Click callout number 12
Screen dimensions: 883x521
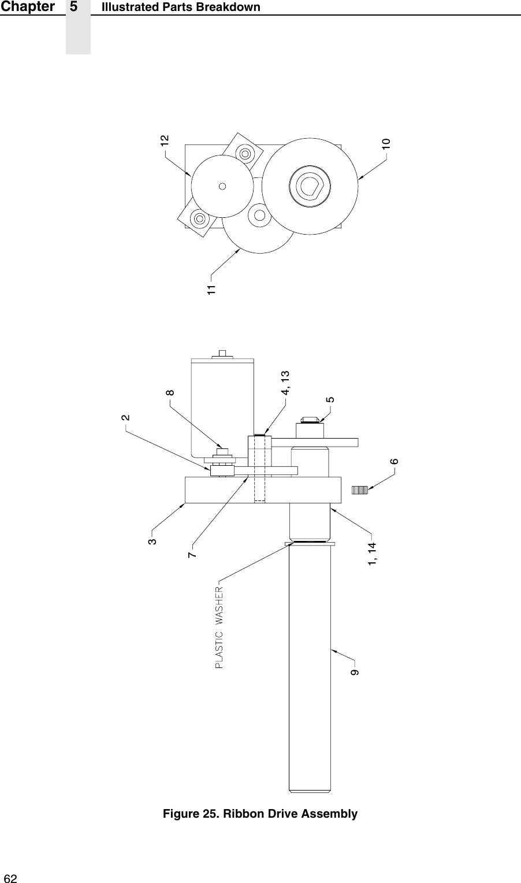[x=165, y=140]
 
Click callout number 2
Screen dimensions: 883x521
[x=126, y=417]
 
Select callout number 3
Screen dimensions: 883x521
[x=152, y=541]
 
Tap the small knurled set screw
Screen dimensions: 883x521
[x=359, y=490]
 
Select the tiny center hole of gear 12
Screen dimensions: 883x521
[x=222, y=186]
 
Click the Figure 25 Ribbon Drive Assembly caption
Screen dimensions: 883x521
[x=260, y=814]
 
